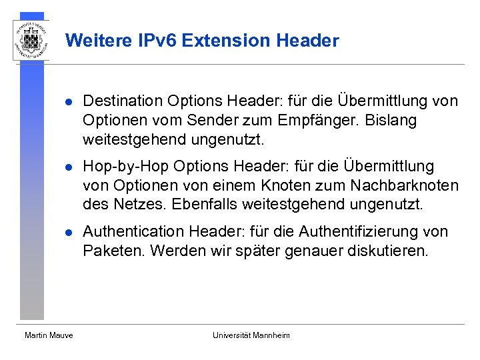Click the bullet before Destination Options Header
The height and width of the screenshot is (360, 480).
click(67, 102)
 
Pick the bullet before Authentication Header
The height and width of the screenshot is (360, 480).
click(67, 233)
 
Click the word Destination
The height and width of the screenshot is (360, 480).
click(123, 101)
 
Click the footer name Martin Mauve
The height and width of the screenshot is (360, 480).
click(49, 335)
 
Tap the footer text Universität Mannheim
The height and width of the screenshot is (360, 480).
click(251, 335)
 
